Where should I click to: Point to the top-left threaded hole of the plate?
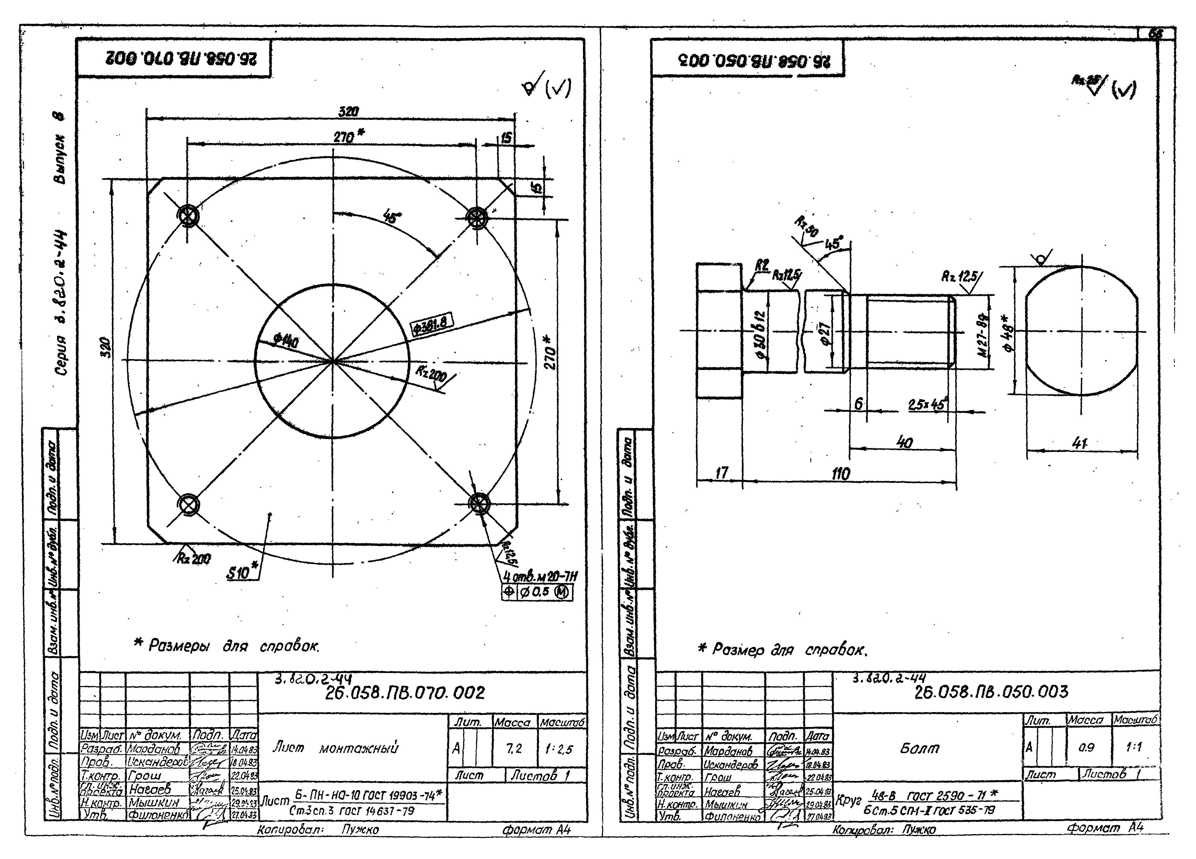tap(187, 216)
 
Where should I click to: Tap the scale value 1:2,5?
tap(559, 749)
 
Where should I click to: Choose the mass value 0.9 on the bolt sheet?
tap(1086, 747)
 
